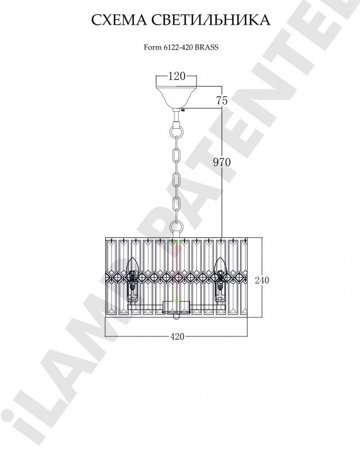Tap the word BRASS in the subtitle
[x=206, y=47]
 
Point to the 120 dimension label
[x=177, y=76]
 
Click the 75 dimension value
[x=222, y=101]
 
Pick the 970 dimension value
[x=222, y=163]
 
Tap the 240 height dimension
[x=262, y=280]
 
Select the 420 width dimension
[x=177, y=336]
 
